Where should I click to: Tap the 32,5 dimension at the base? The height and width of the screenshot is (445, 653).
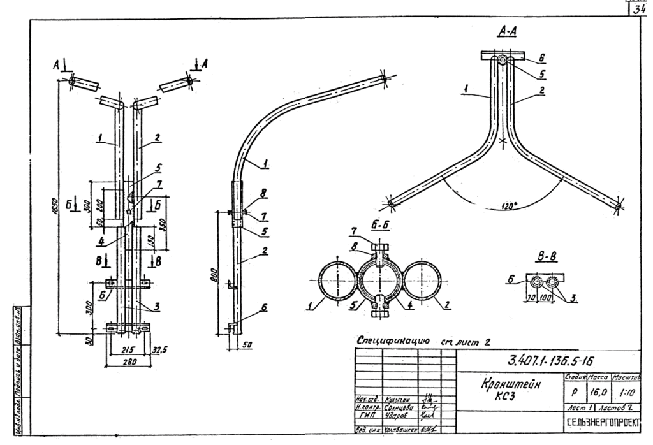[x=161, y=350]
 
